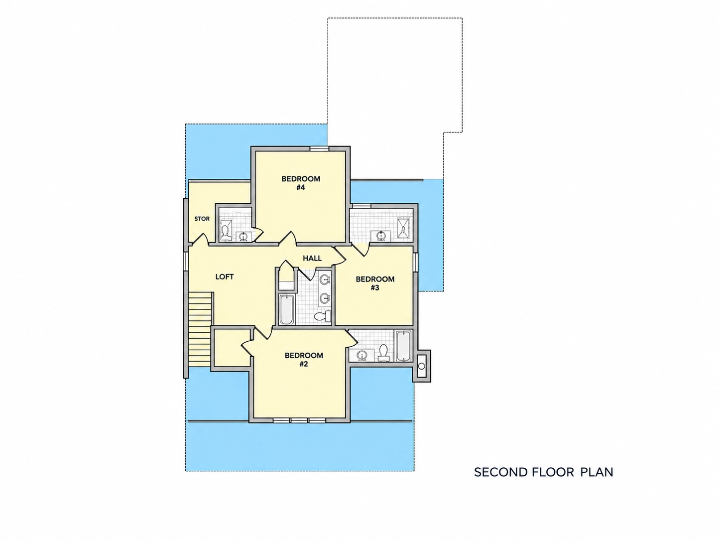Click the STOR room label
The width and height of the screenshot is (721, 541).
(x=202, y=219)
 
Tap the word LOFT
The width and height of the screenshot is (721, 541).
(x=225, y=277)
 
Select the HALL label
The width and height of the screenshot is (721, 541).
(x=312, y=259)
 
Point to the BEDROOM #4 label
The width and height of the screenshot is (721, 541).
(x=301, y=183)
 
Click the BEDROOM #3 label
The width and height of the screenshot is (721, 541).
(x=375, y=283)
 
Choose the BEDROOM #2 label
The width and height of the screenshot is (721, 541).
(x=304, y=360)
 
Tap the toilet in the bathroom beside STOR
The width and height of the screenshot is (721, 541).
(x=226, y=231)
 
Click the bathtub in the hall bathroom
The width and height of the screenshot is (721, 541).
(x=286, y=309)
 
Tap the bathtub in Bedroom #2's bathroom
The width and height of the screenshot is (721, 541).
(x=404, y=346)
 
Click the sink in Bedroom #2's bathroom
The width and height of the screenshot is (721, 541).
(x=361, y=355)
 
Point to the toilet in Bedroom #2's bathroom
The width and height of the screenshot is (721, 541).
(x=383, y=353)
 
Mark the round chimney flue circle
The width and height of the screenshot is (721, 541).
(x=421, y=366)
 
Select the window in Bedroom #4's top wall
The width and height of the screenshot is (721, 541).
(x=319, y=149)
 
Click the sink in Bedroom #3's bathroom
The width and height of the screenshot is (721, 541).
(x=380, y=236)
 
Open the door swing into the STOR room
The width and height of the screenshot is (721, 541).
(x=199, y=239)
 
